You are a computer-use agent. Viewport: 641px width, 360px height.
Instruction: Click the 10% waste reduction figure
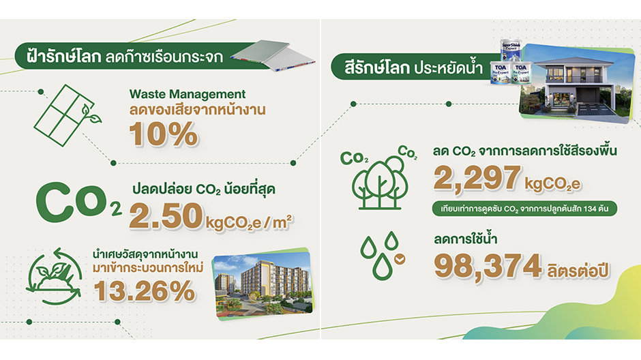(x=164, y=134)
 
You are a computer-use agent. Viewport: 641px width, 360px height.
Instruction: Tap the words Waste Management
(x=188, y=94)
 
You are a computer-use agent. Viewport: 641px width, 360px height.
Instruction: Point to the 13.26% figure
(x=145, y=291)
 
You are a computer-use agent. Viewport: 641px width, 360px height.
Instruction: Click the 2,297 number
(x=477, y=178)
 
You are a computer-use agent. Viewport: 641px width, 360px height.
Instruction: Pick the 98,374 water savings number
(x=488, y=267)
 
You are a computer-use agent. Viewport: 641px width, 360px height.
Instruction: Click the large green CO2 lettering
(x=78, y=202)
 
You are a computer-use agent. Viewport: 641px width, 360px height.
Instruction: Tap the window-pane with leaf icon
(x=68, y=115)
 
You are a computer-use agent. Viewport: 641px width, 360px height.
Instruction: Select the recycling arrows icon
(x=54, y=276)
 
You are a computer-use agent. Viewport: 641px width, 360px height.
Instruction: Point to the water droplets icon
(x=383, y=256)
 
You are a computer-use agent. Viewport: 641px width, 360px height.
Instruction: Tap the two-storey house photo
(x=576, y=83)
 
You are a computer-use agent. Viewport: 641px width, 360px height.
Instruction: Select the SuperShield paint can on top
(x=511, y=50)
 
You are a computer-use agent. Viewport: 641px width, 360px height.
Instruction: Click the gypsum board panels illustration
(x=273, y=56)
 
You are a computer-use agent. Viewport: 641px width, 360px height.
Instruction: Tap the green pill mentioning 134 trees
(x=524, y=209)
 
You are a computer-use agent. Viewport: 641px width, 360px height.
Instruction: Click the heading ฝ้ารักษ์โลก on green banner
(x=63, y=56)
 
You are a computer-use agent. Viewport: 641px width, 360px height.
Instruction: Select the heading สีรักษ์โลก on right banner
(x=376, y=67)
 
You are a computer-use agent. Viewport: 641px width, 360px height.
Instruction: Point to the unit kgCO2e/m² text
(x=249, y=223)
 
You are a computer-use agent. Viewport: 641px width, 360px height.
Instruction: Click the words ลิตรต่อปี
(x=578, y=270)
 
